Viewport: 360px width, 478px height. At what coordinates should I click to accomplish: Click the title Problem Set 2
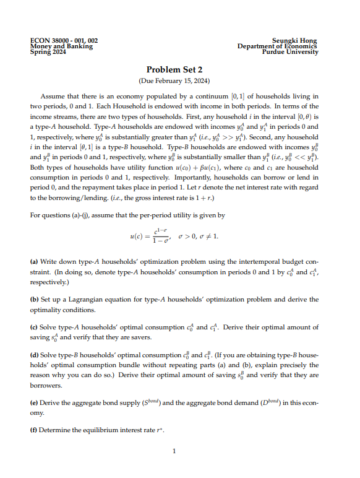(174, 70)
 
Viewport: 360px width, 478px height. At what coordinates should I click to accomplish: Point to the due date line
(174, 81)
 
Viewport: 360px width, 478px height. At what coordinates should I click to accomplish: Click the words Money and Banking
(61, 46)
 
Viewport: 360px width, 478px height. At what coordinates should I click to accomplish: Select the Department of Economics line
(278, 46)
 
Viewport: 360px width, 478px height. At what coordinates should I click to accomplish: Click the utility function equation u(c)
(174, 236)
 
